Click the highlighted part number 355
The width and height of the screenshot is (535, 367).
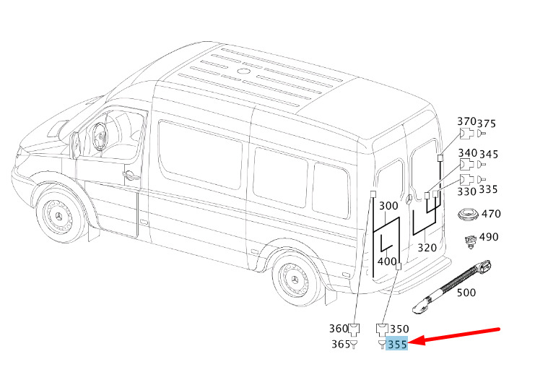[398, 344]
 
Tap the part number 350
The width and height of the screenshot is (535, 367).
[399, 329]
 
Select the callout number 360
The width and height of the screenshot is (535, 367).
[339, 329]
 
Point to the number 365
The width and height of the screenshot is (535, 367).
[341, 344]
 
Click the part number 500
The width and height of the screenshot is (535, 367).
[466, 293]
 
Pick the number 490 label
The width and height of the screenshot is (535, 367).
[489, 236]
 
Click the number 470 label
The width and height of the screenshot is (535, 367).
[491, 214]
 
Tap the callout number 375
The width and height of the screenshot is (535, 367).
[486, 124]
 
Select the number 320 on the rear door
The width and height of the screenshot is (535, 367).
[427, 247]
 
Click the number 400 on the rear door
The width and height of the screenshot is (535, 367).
[387, 262]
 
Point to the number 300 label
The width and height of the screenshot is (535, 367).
[388, 205]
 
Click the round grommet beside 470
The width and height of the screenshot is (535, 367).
[468, 215]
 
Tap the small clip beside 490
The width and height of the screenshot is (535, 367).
[471, 241]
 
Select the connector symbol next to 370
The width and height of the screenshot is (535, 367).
[466, 134]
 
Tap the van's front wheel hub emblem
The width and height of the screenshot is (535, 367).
[59, 217]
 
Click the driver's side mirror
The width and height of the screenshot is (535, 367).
[75, 145]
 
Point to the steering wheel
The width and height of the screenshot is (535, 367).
[100, 137]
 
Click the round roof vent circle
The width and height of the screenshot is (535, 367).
[243, 72]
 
